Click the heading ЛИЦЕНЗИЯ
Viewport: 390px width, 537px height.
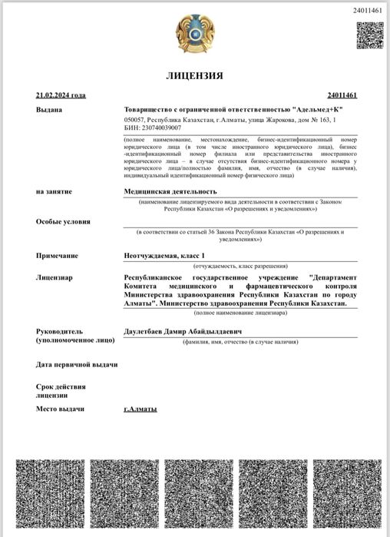point(195,76)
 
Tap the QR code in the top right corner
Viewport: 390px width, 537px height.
point(369,35)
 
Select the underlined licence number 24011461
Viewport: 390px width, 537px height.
point(342,95)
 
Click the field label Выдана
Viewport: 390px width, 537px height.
point(49,110)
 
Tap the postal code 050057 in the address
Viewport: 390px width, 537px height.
point(134,120)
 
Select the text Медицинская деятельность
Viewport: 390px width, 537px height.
point(170,191)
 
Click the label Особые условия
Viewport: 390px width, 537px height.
point(63,222)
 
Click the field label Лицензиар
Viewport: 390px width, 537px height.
point(55,277)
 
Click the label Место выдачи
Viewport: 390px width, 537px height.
point(60,409)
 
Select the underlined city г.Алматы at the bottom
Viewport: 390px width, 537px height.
point(140,409)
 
